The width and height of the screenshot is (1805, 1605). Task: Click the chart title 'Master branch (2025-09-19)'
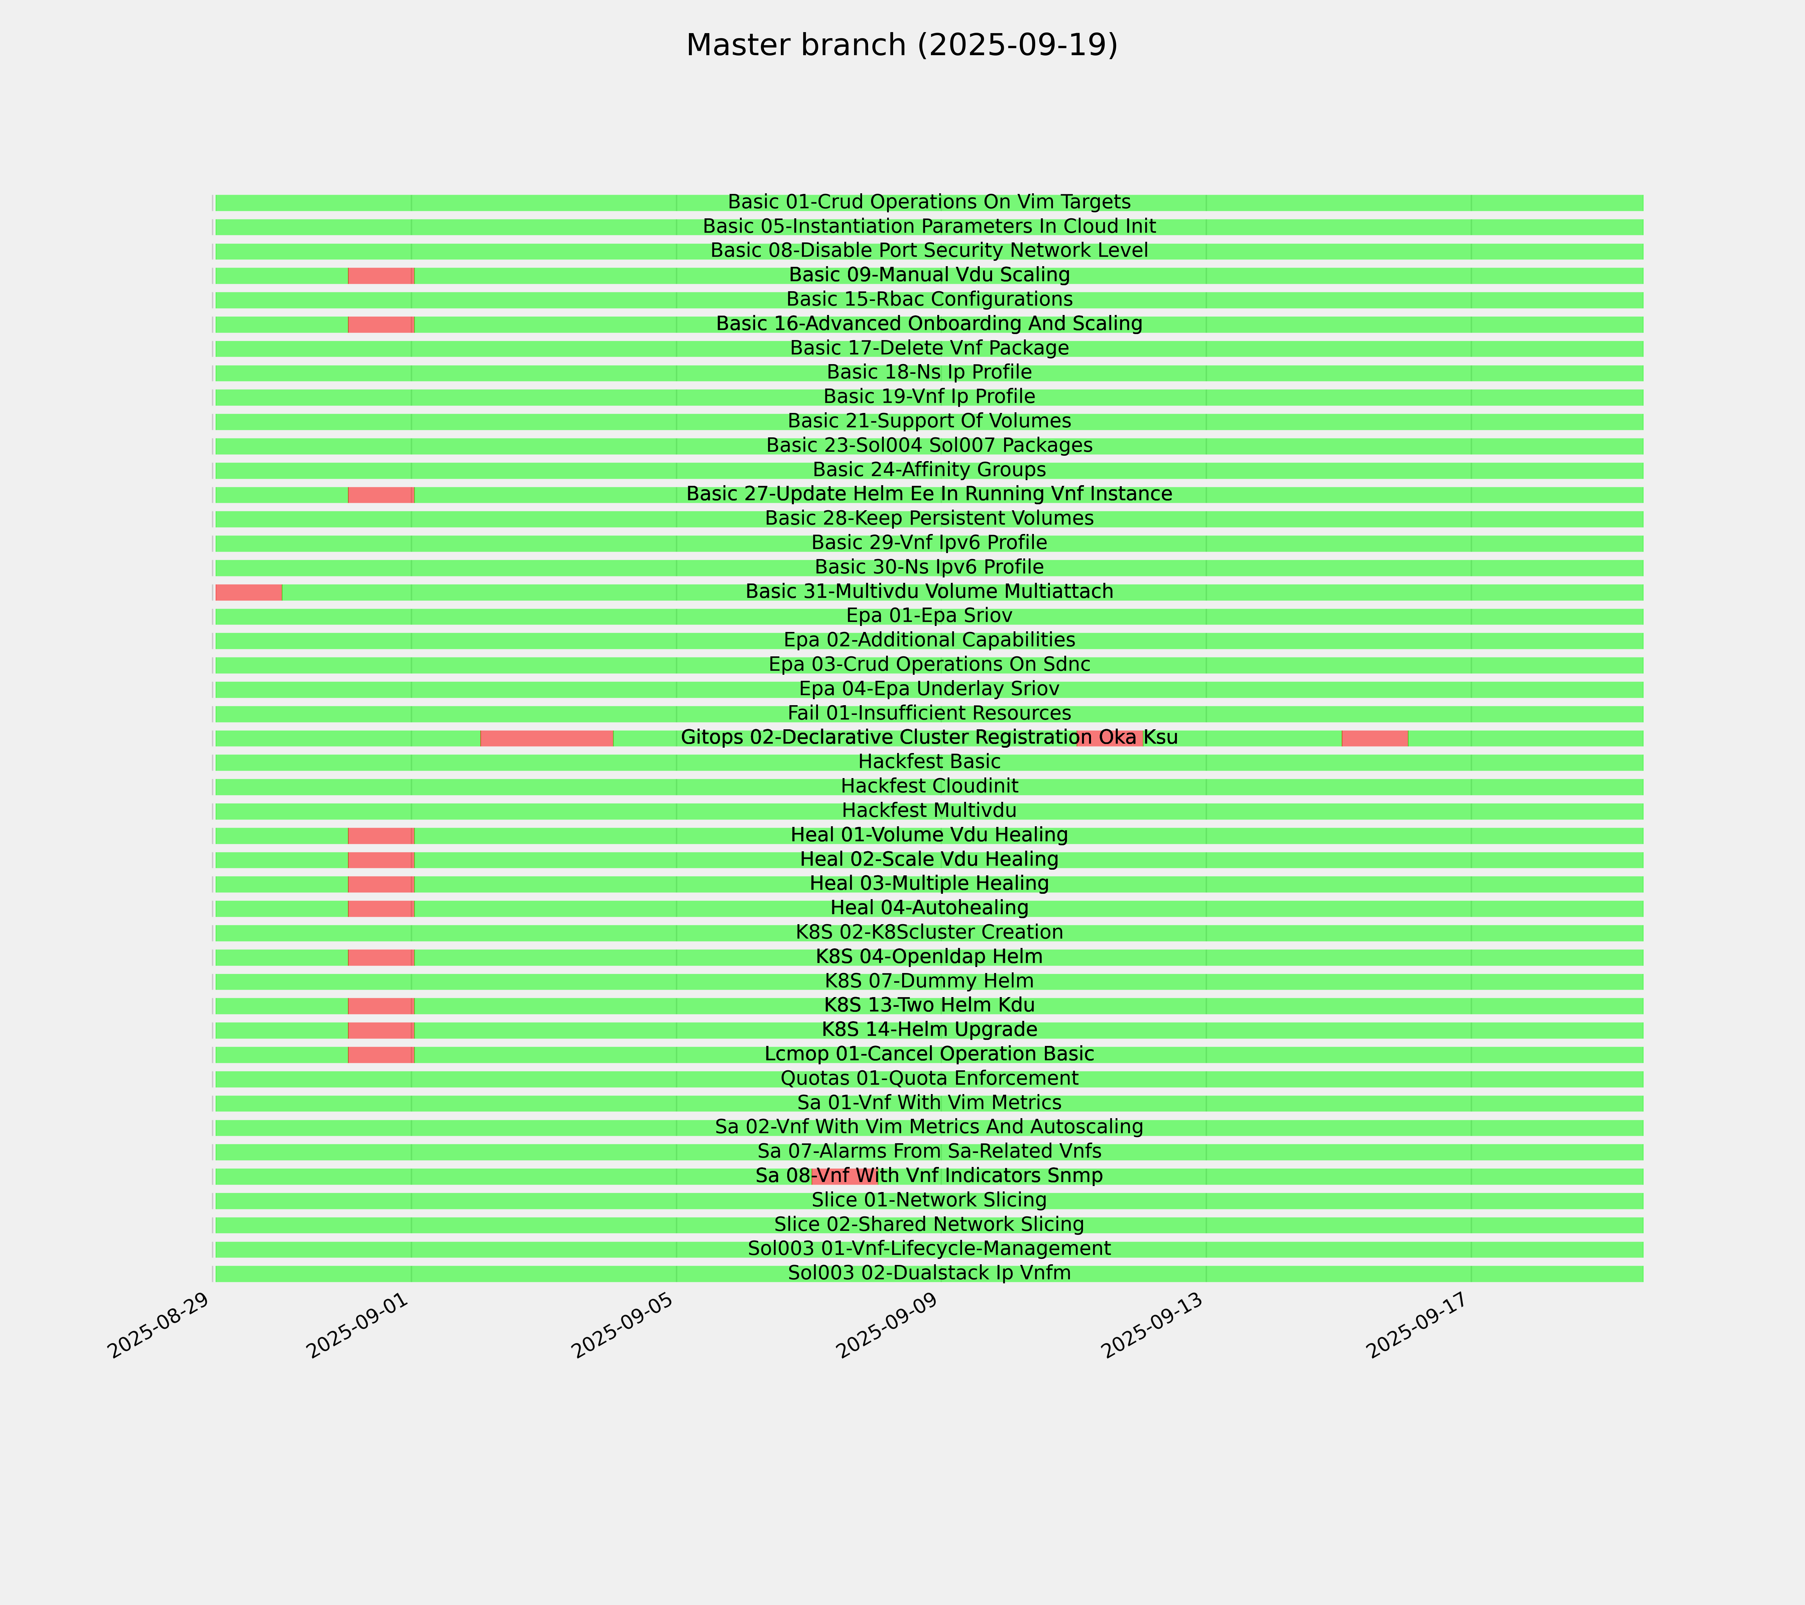click(x=901, y=45)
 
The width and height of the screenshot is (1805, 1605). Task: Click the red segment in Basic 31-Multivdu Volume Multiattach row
click(x=248, y=592)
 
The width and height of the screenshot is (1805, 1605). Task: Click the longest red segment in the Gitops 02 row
click(x=547, y=738)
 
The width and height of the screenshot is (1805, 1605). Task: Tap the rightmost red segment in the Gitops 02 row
click(x=1374, y=738)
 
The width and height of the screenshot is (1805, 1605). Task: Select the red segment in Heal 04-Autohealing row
click(x=381, y=908)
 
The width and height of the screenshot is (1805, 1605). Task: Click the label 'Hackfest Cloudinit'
click(x=929, y=786)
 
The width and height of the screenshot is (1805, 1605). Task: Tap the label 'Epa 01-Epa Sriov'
click(x=929, y=616)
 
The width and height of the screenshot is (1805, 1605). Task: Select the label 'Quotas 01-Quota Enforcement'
click(x=929, y=1079)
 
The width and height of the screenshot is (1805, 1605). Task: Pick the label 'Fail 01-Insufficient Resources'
click(x=929, y=713)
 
